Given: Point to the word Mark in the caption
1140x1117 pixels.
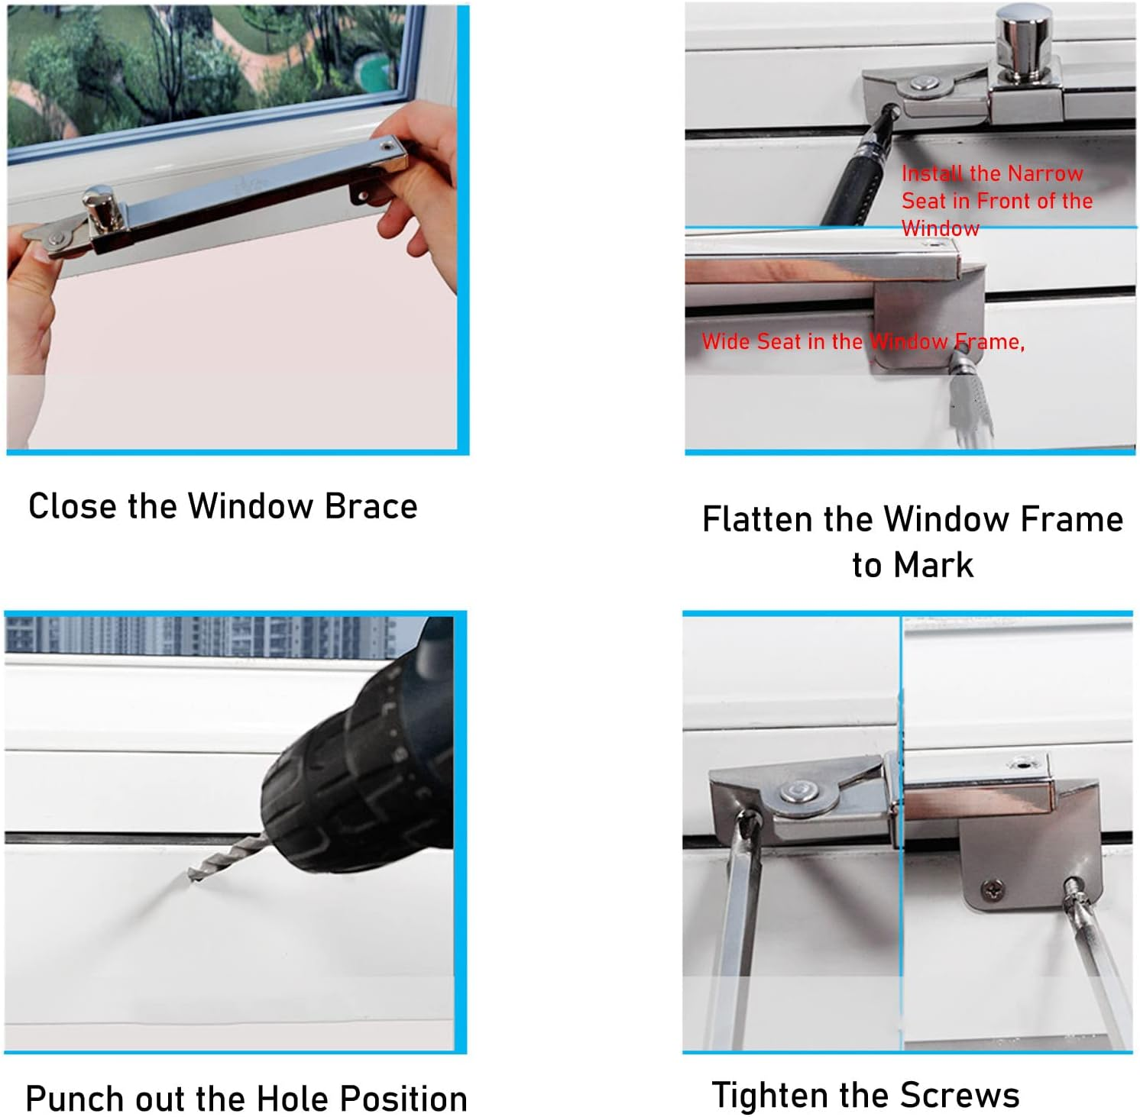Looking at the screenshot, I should pos(934,566).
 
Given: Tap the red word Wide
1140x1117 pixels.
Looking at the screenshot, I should pos(726,341).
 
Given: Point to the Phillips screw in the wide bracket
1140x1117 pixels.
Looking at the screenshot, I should pos(991,889).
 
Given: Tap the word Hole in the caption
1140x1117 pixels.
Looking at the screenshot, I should pos(293,1099).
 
